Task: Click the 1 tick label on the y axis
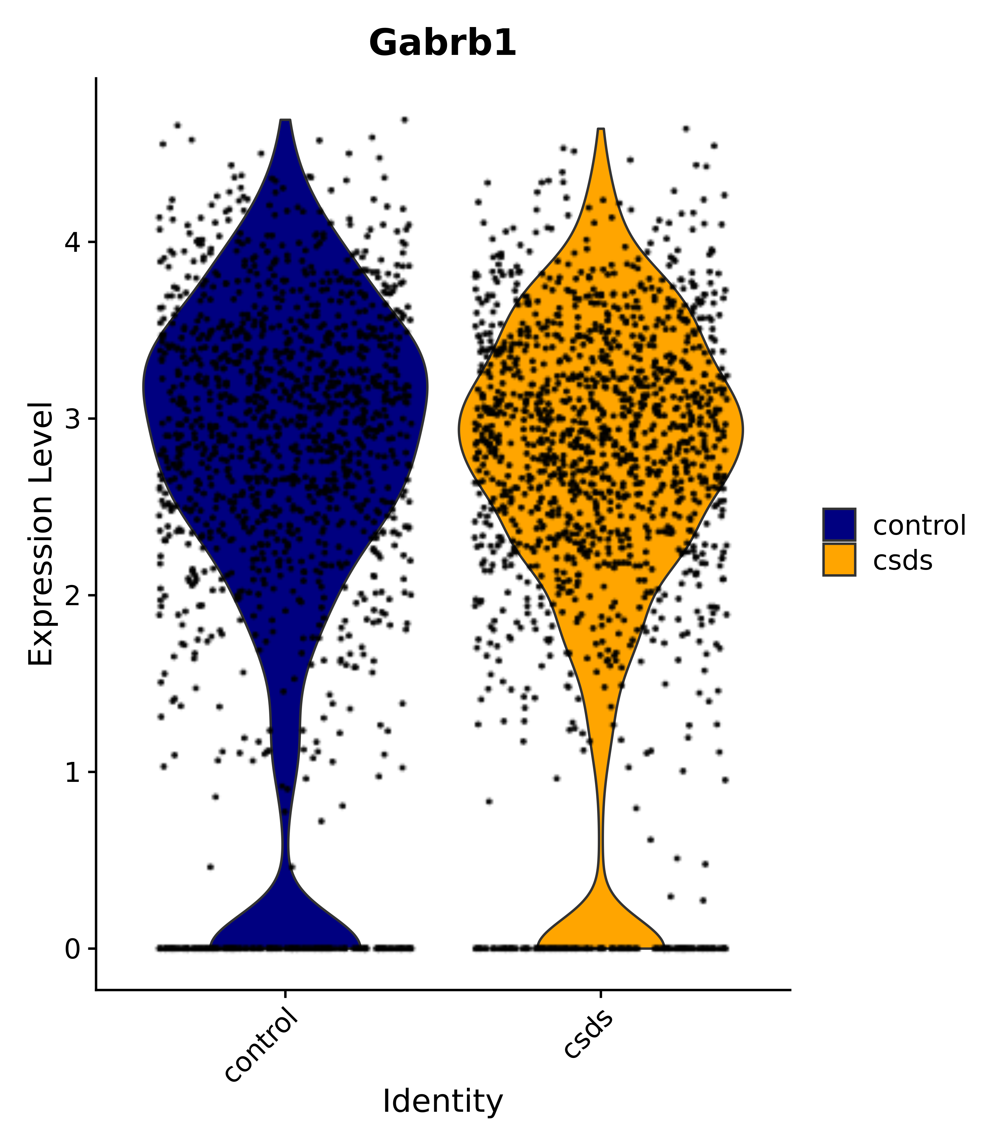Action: [73, 772]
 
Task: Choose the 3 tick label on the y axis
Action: [73, 418]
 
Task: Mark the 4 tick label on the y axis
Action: [73, 242]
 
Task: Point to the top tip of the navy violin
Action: [285, 121]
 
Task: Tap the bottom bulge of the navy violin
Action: [285, 924]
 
